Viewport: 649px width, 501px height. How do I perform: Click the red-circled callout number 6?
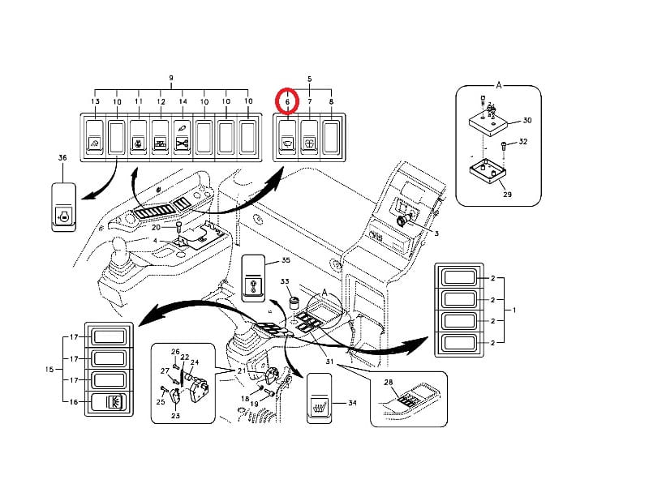click(x=287, y=101)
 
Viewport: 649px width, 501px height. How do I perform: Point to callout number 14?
click(x=183, y=101)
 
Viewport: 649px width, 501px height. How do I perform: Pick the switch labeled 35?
click(x=254, y=279)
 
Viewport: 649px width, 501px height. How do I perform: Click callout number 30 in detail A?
click(x=527, y=120)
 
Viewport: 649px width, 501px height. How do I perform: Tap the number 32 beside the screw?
click(x=523, y=142)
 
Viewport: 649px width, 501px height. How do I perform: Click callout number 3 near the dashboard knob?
click(x=436, y=233)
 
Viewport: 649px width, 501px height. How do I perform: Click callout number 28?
click(x=388, y=382)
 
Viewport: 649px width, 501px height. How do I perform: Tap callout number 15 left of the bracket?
click(x=49, y=369)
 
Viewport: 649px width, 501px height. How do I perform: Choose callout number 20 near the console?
click(x=156, y=228)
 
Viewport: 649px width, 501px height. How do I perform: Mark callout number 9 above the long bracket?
click(x=171, y=78)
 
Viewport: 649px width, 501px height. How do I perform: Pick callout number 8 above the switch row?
click(x=330, y=101)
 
